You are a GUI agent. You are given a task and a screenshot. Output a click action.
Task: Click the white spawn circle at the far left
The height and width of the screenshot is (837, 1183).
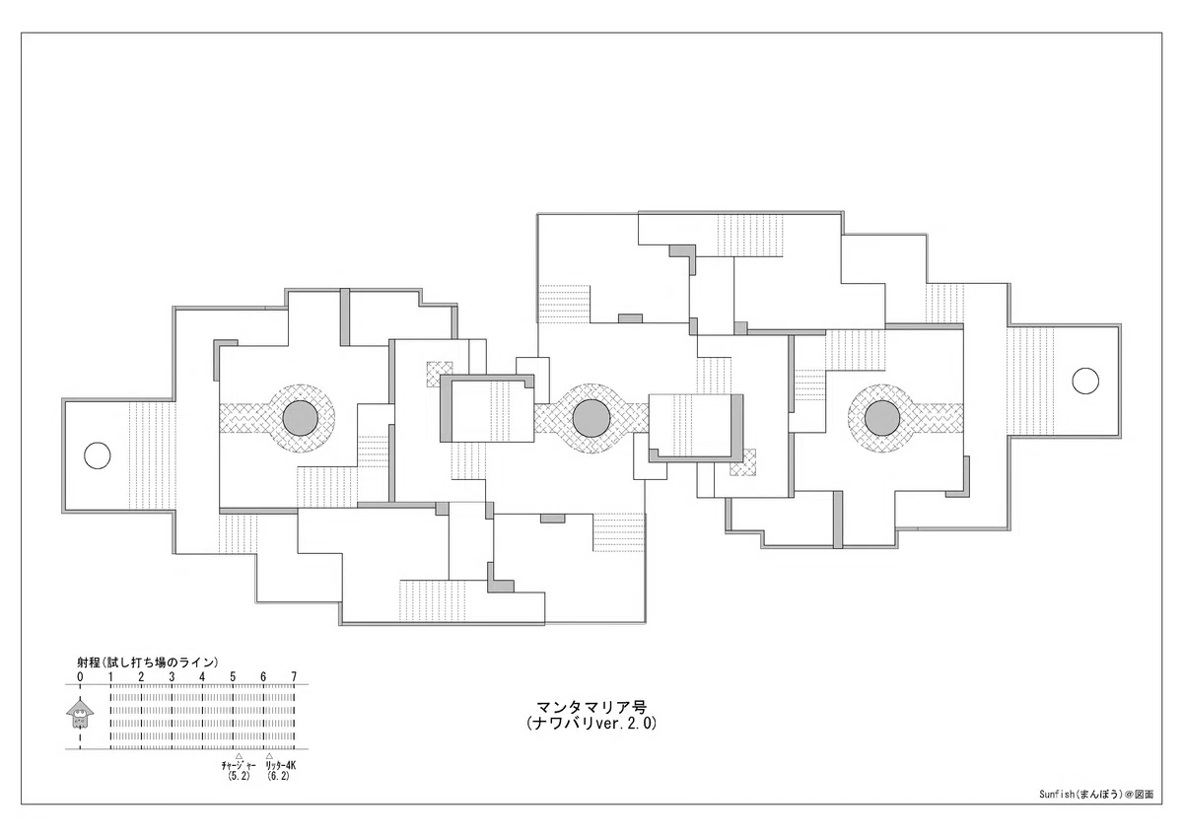point(98,455)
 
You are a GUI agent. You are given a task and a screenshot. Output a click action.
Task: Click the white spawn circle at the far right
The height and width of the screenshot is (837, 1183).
point(1085,381)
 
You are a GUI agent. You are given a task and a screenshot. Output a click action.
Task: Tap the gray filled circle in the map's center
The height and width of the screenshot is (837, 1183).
point(591,418)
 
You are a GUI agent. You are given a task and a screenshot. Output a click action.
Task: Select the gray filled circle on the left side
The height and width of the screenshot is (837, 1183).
point(300,418)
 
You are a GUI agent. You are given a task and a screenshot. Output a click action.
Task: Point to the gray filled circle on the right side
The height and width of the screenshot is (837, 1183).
point(882,418)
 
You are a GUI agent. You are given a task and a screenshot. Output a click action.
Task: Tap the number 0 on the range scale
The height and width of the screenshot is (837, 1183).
point(80,677)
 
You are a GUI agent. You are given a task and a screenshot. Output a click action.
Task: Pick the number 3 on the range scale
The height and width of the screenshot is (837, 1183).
point(172,677)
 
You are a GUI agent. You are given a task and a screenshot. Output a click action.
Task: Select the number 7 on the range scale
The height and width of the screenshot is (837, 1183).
point(294,677)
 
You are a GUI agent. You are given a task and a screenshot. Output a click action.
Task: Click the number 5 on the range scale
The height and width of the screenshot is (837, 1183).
point(233,677)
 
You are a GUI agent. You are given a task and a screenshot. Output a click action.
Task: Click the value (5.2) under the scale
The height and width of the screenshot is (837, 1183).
point(239,776)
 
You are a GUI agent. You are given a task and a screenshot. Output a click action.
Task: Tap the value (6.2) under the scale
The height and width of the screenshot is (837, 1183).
point(278,776)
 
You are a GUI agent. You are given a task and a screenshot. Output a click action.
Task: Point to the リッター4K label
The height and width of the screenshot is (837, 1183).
point(280,765)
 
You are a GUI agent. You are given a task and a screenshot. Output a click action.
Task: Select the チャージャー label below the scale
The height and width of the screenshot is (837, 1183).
point(239,765)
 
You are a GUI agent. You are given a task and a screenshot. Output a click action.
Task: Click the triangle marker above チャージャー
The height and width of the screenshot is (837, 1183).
point(239,756)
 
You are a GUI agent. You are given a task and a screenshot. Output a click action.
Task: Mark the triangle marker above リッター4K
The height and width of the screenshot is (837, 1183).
point(269,756)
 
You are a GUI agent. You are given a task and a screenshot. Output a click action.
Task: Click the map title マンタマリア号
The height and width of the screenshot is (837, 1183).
point(591,707)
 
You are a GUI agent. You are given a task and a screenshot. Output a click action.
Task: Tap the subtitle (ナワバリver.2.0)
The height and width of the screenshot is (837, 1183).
point(591,724)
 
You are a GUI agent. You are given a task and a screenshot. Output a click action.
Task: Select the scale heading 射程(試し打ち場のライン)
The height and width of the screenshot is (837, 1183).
point(148,663)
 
